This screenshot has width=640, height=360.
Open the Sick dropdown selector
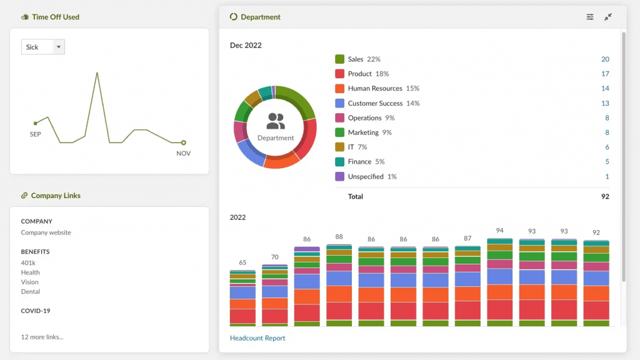click(x=43, y=47)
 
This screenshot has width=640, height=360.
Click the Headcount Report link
click(x=257, y=338)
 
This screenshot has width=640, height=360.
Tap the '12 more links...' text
click(x=42, y=337)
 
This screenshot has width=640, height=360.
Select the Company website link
click(x=46, y=232)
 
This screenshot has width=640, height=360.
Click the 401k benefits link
click(x=28, y=263)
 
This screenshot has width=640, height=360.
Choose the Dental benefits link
click(x=30, y=291)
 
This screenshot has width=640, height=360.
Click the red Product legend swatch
click(x=340, y=74)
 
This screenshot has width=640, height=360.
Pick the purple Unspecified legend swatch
click(x=340, y=176)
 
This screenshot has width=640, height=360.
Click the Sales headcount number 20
click(x=605, y=59)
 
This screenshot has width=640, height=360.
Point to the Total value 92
click(x=604, y=196)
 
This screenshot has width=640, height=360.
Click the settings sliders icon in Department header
click(x=590, y=17)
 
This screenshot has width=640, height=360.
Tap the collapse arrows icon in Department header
click(x=608, y=17)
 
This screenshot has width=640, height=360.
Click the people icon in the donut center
click(x=276, y=121)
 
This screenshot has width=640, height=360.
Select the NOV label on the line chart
click(x=183, y=153)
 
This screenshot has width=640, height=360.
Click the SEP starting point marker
click(x=36, y=123)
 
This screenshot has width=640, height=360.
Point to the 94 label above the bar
click(x=499, y=231)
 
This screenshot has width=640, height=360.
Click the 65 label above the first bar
click(x=242, y=262)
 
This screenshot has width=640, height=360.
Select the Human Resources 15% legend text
click(x=383, y=88)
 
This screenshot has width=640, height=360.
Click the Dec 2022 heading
click(x=246, y=45)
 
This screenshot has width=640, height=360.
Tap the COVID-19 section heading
click(x=36, y=311)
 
